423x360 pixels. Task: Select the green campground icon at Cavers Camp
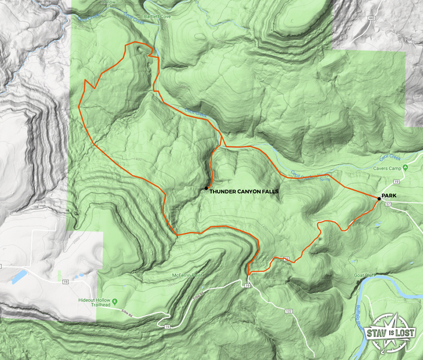coord(406,168)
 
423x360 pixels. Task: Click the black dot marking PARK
coord(378,198)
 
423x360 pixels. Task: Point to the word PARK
coord(390,196)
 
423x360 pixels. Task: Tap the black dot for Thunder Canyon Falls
coord(206,188)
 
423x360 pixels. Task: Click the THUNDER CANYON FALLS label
coord(244,191)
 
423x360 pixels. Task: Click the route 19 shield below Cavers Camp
coord(396,182)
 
